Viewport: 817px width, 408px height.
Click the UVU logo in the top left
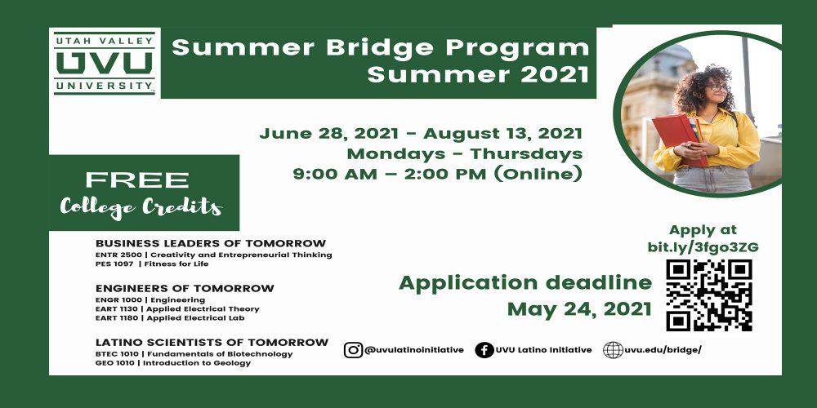(105, 63)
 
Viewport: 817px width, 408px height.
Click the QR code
(708, 295)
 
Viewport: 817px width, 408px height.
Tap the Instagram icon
(353, 350)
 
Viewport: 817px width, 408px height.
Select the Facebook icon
(484, 350)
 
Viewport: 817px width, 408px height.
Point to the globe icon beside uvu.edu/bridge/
(613, 350)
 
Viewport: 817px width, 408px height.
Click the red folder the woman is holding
(677, 139)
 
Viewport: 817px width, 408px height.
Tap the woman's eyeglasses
(717, 87)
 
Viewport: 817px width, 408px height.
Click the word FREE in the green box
(137, 180)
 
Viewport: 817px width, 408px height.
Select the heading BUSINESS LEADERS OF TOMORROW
(211, 243)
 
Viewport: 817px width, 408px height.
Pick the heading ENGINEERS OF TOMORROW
(185, 288)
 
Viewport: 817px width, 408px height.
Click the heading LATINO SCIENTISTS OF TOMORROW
(212, 343)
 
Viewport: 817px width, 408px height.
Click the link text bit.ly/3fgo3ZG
(703, 246)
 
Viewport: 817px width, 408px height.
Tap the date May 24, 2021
(579, 309)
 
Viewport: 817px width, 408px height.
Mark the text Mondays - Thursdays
(464, 154)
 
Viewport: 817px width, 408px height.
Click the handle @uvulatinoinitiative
(414, 350)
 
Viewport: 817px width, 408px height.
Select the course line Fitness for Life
(176, 264)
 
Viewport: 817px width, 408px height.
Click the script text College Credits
(141, 206)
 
